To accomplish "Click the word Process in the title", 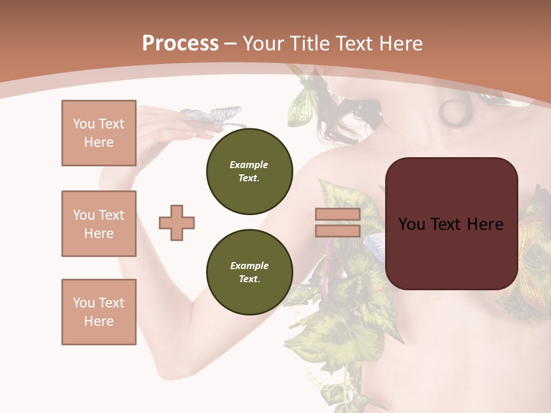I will click(x=180, y=44).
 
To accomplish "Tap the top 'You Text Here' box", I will click(x=99, y=133).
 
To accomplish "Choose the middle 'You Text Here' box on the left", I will click(x=99, y=224).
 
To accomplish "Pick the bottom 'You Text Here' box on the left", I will click(x=99, y=311).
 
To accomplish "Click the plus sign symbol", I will click(x=177, y=223).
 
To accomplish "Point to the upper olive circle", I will click(x=249, y=171).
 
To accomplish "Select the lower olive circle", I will click(x=249, y=272).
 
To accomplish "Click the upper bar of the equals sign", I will click(x=337, y=215).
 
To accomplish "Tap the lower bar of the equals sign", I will click(x=337, y=231).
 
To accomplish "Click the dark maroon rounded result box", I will click(x=451, y=224).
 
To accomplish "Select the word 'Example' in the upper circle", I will click(x=249, y=165).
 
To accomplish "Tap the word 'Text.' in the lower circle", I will click(x=249, y=279).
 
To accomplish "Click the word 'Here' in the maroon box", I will click(x=485, y=224).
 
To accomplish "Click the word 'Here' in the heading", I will click(x=402, y=44).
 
